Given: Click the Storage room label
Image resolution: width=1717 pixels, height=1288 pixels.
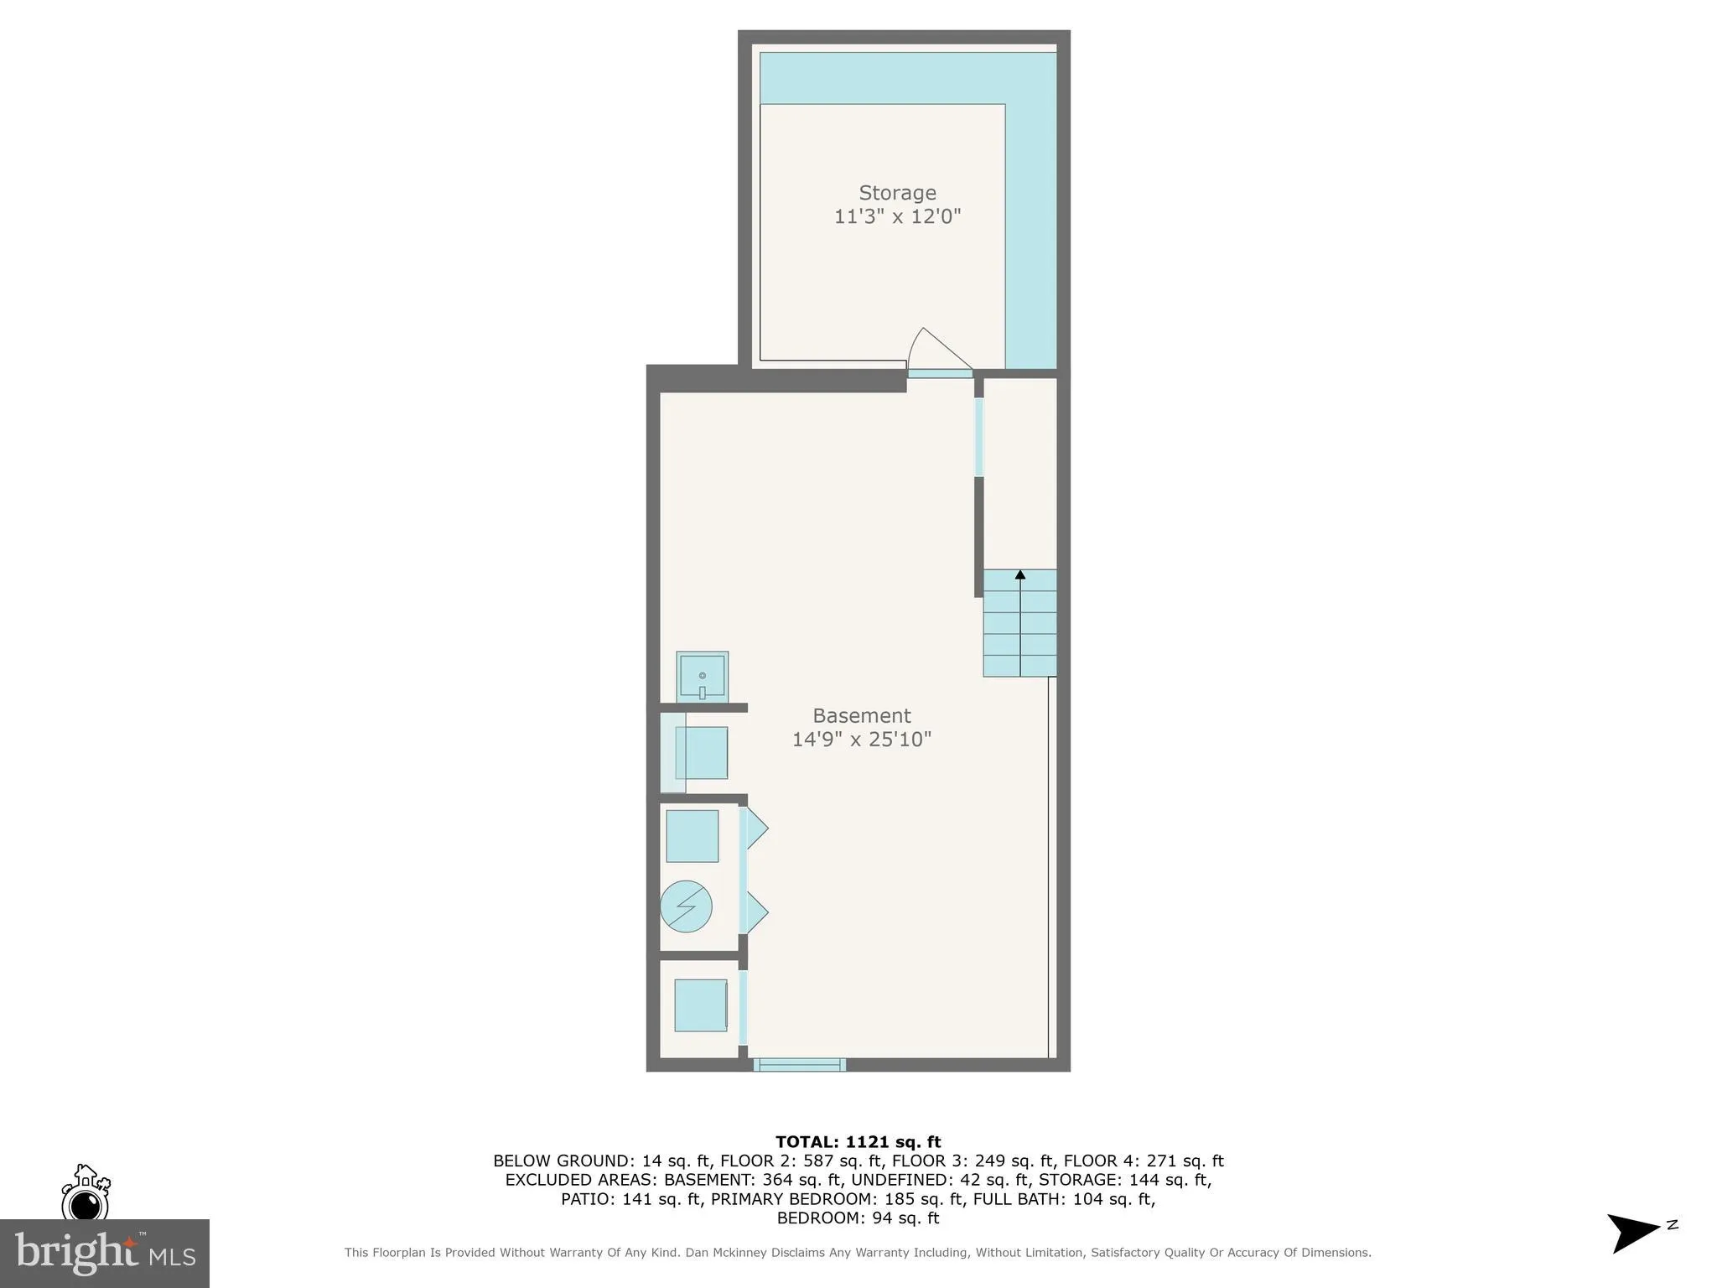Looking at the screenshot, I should pos(896,193).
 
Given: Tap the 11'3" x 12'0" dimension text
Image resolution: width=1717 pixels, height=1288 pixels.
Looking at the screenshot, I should pos(896,216).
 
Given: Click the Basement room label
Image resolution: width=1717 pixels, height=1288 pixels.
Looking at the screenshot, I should pos(861,715).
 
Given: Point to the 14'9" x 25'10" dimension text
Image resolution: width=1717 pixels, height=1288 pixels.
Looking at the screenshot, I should pos(861,739).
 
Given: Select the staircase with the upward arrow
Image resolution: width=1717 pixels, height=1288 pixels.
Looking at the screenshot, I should pos(1019,623).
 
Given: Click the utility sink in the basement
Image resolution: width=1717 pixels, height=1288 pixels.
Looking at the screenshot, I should pos(702,676).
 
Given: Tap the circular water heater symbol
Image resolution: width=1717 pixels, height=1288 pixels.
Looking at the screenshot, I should pos(686,906).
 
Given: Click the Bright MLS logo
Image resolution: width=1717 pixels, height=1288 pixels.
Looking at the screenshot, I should pos(105,1253).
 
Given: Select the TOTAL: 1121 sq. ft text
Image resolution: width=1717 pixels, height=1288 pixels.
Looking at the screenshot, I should pos(858,1141).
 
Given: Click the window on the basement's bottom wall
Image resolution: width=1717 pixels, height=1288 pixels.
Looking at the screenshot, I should pos(799,1065).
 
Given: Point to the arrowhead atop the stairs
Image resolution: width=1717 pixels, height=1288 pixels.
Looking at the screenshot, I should pos(1019,575).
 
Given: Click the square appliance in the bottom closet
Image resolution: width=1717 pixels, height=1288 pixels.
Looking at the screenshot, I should pos(700,1005).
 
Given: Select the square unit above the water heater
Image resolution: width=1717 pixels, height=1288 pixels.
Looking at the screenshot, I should pos(692,835).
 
